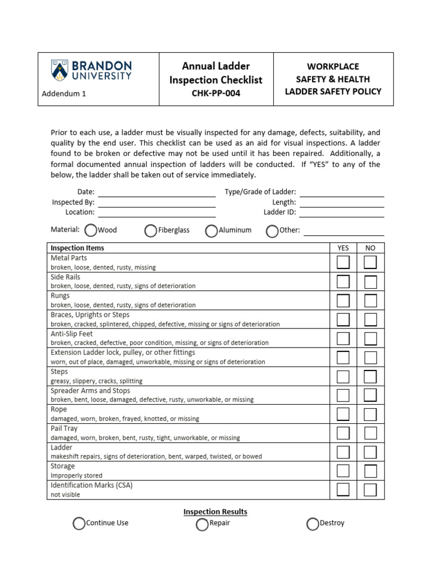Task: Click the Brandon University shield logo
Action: pyautogui.click(x=58, y=70)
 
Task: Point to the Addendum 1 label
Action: pyautogui.click(x=64, y=94)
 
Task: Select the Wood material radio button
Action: pyautogui.click(x=90, y=230)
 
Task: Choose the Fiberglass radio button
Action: pyautogui.click(x=150, y=230)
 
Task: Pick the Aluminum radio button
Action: pyautogui.click(x=211, y=230)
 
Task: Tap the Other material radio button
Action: pyautogui.click(x=272, y=230)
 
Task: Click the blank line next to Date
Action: pyautogui.click(x=157, y=192)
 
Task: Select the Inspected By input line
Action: pyautogui.click(x=157, y=202)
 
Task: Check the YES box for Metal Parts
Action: pyautogui.click(x=343, y=262)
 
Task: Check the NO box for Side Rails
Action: pyautogui.click(x=370, y=281)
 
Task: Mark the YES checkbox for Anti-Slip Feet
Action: pyautogui.click(x=343, y=339)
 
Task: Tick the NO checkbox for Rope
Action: pyautogui.click(x=370, y=414)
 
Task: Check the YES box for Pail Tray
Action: pyautogui.click(x=343, y=433)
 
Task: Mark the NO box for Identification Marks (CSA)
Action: pyautogui.click(x=370, y=490)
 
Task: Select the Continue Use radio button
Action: pyautogui.click(x=79, y=523)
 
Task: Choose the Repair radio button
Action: pyautogui.click(x=202, y=524)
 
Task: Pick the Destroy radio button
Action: pyautogui.click(x=313, y=524)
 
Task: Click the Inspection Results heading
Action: pyautogui.click(x=215, y=512)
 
